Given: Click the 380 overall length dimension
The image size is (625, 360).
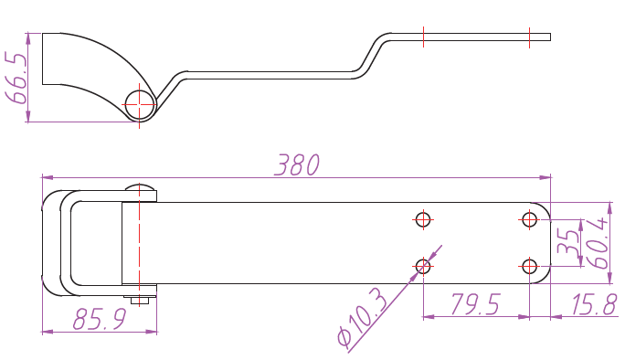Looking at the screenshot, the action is pos(297,164).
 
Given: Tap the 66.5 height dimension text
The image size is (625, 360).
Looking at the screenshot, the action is pos(16,78).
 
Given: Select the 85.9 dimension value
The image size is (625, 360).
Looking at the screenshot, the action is pos(100,319).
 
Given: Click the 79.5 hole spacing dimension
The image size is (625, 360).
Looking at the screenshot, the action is pos(475,304).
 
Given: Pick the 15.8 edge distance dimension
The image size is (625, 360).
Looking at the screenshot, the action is pos(594,304).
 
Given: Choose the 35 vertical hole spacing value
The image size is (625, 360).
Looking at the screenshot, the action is pos(568,242).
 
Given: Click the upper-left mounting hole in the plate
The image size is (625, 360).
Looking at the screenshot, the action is pos(423,219).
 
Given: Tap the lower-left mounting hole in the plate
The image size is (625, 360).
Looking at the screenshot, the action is pos(423,266).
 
